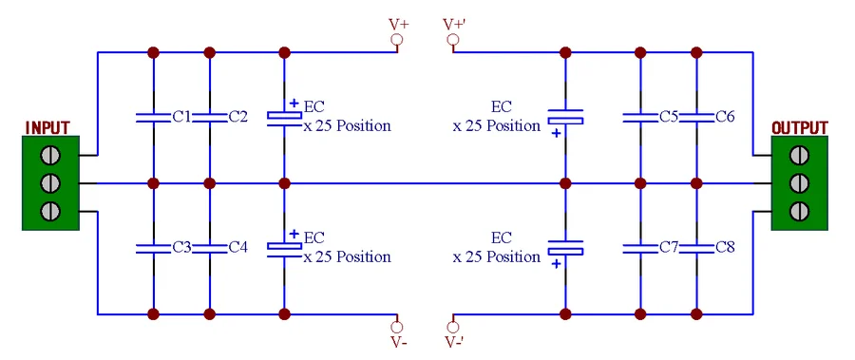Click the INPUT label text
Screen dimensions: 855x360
48,128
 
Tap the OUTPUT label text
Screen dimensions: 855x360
799,128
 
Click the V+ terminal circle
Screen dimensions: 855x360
397,40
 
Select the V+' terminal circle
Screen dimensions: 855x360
452,40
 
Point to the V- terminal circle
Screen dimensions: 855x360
397,328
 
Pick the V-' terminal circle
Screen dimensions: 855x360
452,328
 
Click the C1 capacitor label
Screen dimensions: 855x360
181,117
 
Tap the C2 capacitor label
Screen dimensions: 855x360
238,117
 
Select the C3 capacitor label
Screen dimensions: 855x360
181,248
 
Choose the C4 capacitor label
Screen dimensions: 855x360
238,248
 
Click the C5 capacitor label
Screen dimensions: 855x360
669,117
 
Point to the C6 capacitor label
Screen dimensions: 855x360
725,117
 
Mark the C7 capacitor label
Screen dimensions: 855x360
669,248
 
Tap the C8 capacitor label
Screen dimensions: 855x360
725,248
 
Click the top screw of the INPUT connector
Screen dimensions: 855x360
50,156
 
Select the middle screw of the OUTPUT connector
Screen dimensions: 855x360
799,182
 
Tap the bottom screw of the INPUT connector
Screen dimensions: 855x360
50,210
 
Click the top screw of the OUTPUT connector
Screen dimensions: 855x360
799,156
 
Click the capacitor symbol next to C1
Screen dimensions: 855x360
153,117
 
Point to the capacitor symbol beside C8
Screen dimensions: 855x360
696,248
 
